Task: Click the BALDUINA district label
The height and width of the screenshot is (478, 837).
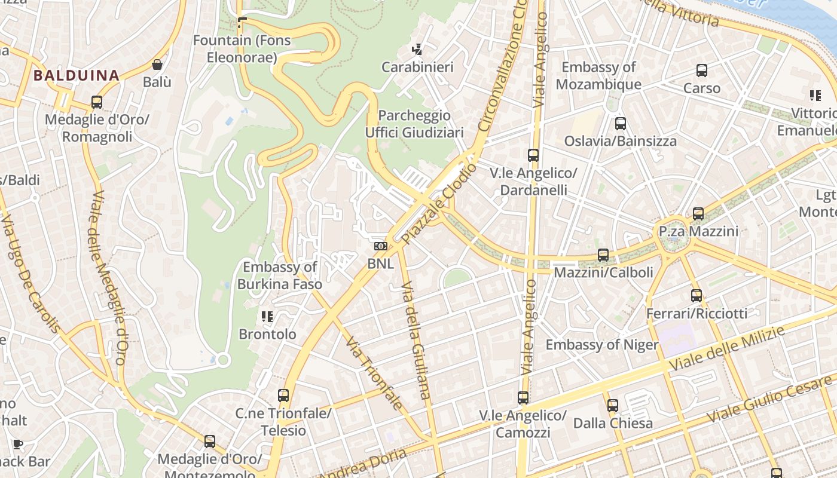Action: pos(77,76)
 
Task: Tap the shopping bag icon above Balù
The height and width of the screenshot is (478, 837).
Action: pos(157,65)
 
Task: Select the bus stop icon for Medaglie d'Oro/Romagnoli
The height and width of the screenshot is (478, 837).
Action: pos(97,102)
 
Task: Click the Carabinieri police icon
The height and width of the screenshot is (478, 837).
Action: pos(417,50)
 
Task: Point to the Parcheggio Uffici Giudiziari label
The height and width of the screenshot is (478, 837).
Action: pos(414,124)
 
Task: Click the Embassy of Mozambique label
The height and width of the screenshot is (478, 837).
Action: pos(598,76)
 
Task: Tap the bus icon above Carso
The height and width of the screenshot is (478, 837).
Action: pos(702,71)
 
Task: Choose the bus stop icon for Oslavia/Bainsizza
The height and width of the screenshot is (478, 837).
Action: pos(621,124)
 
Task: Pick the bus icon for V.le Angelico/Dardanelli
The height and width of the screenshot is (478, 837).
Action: pos(533,155)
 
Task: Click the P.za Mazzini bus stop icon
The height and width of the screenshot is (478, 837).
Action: pos(698,213)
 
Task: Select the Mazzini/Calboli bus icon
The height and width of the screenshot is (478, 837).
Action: pos(603,255)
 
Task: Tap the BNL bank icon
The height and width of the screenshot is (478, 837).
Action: pos(380,246)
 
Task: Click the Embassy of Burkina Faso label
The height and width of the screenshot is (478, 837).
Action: pos(280,275)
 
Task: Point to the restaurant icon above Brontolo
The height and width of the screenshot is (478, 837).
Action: pos(267,317)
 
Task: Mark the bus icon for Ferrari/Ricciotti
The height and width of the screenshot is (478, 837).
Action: pos(697,295)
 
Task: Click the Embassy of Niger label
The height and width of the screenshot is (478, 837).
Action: pos(601,345)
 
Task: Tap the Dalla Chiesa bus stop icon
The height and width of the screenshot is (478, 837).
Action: pos(613,406)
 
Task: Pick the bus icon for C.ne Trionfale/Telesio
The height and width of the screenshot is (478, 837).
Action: pos(283,396)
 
